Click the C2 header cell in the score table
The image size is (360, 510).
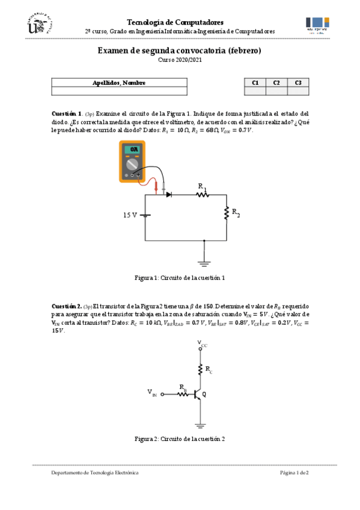[276, 83]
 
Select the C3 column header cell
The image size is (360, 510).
[298, 83]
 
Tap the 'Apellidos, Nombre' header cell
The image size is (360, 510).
[119, 83]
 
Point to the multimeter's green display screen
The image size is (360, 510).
[135, 149]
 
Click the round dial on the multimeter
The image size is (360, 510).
[134, 164]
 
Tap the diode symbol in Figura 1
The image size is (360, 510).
[169, 194]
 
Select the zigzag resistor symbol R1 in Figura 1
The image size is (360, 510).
[201, 195]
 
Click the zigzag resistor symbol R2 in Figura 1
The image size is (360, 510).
[227, 214]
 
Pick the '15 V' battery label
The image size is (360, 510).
[130, 215]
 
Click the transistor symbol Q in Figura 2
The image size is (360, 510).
[198, 395]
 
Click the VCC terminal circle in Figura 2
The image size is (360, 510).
[200, 349]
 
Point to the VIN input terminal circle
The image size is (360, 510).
[162, 395]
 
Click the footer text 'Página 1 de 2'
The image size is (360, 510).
[294, 473]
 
